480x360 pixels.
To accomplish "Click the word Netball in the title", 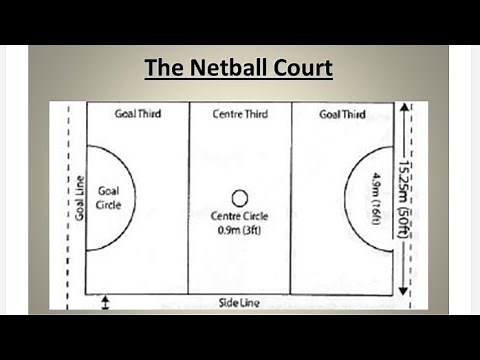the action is click(x=237, y=68).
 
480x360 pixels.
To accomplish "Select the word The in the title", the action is click(x=162, y=68).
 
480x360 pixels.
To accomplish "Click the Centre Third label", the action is click(x=239, y=114).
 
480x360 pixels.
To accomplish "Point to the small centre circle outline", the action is click(x=239, y=198).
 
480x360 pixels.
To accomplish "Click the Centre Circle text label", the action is click(x=239, y=216).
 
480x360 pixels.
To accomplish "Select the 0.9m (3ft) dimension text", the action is click(x=239, y=230).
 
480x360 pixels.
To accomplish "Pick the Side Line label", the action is click(x=239, y=302).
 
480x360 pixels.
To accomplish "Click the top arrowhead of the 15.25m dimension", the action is click(x=404, y=108).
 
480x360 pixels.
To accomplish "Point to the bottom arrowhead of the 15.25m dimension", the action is click(x=404, y=290).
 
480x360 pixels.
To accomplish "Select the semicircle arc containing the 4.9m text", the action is click(x=349, y=197).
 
